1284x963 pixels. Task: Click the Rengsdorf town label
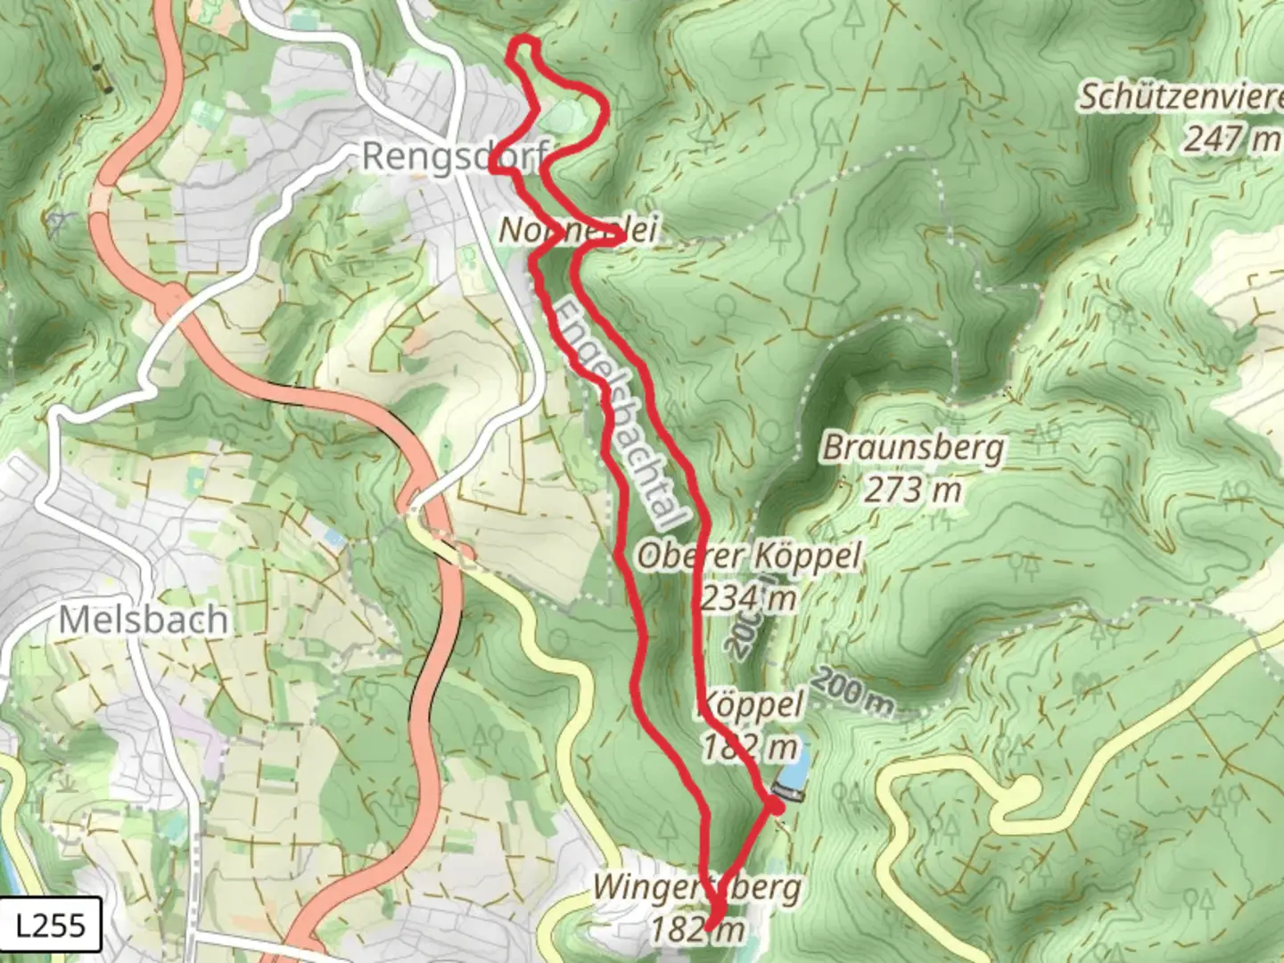[454, 157]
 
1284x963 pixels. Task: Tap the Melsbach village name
[143, 620]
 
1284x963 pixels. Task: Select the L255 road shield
[51, 925]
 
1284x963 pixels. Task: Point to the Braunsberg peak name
[912, 448]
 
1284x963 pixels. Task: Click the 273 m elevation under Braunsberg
[913, 490]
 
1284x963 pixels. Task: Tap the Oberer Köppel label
[749, 556]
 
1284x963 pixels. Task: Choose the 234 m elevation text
[747, 598]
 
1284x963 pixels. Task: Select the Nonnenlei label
[578, 230]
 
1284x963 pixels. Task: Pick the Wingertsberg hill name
[697, 888]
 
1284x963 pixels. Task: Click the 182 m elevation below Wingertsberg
[697, 930]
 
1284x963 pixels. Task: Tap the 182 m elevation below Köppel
[749, 747]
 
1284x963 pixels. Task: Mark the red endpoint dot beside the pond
[776, 806]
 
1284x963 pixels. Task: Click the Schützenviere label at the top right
[1181, 96]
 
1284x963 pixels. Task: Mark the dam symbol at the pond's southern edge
[788, 791]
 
